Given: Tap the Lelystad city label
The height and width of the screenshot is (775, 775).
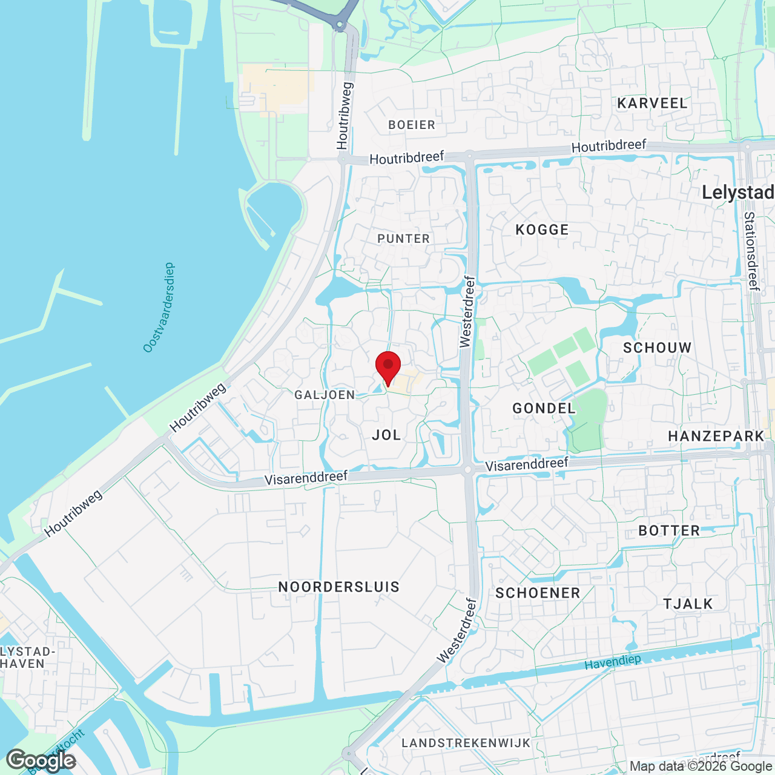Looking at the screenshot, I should click(737, 193).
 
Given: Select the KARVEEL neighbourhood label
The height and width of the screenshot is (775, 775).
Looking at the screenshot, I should click(652, 104).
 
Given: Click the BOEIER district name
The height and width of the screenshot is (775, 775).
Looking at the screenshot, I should click(412, 125).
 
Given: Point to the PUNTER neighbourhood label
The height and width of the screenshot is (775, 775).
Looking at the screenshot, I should click(403, 239).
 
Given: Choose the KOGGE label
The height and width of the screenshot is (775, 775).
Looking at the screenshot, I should click(542, 230).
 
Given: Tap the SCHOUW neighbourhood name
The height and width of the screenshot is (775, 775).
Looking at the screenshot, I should click(657, 348).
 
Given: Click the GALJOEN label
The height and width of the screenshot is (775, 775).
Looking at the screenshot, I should click(325, 395).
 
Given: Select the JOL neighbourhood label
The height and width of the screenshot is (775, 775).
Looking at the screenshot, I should click(386, 435).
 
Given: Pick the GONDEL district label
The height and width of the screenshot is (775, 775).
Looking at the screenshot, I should click(544, 409).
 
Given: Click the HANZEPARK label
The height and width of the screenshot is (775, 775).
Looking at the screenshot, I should click(716, 437).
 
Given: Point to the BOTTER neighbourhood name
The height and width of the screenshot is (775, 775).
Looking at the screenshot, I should click(669, 531).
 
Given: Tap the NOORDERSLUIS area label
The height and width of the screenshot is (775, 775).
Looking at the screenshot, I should click(338, 587).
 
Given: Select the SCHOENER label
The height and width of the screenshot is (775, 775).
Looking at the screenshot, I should click(538, 593).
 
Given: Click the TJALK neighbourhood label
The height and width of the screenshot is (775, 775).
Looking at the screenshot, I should click(688, 604).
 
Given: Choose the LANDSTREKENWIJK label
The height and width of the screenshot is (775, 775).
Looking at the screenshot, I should click(466, 743).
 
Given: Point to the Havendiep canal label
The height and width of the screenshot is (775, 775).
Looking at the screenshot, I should click(612, 662).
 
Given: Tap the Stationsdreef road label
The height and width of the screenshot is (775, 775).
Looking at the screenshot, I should click(751, 251).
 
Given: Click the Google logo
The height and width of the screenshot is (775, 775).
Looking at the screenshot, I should click(41, 760).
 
